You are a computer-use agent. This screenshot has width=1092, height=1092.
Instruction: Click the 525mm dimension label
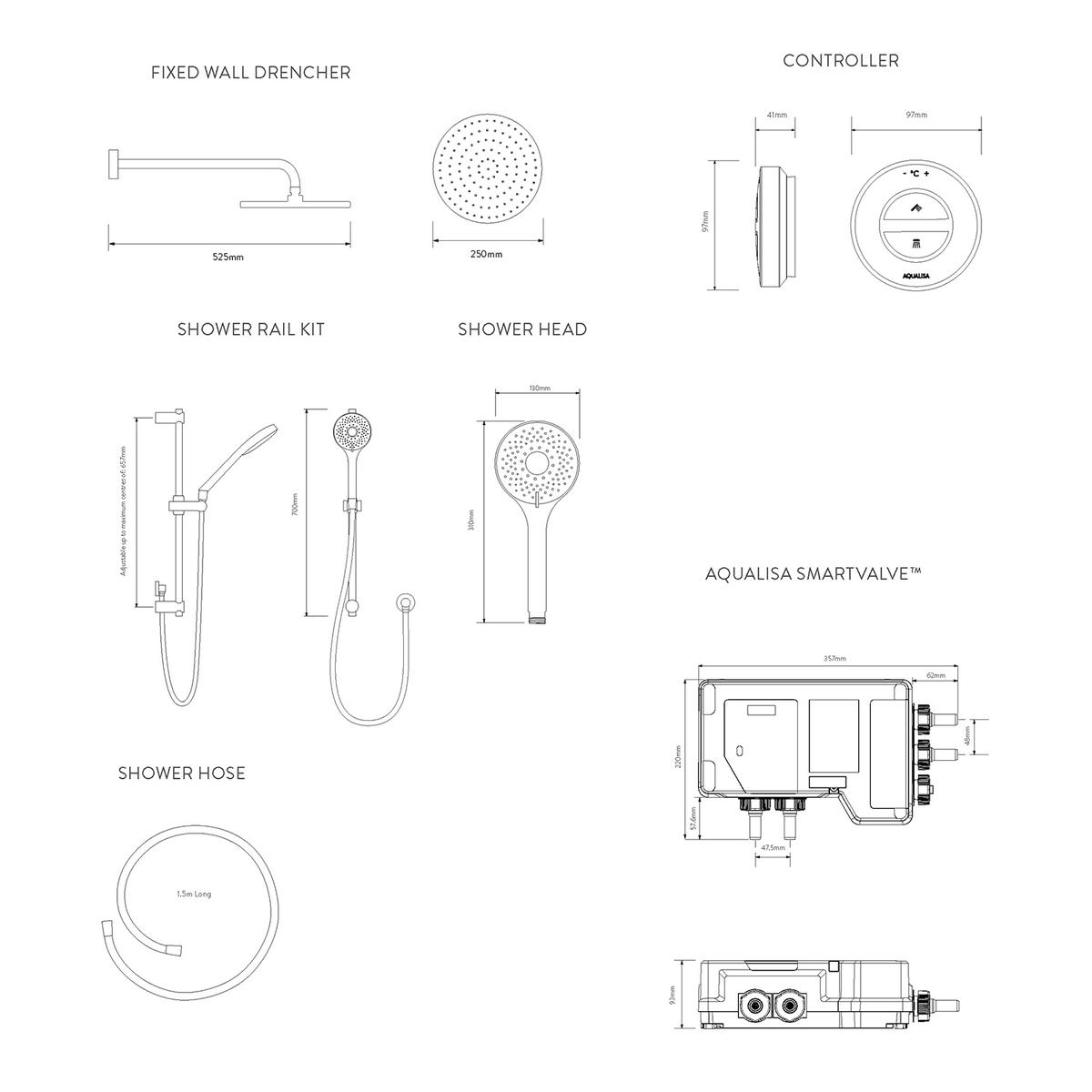(x=227, y=258)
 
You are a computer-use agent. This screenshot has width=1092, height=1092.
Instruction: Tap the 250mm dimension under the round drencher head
(x=487, y=254)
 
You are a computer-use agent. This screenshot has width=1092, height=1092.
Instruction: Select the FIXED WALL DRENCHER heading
(x=250, y=73)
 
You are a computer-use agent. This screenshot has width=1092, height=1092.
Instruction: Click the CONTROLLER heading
(x=841, y=61)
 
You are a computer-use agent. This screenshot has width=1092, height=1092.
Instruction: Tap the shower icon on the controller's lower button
(x=915, y=244)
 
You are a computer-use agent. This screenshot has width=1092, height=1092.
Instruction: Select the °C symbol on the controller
(x=915, y=173)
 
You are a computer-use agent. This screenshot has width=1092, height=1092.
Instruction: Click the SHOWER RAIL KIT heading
(x=250, y=329)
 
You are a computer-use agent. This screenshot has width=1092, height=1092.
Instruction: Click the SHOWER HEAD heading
(x=522, y=329)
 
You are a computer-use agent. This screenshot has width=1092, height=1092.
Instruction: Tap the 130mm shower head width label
(x=539, y=389)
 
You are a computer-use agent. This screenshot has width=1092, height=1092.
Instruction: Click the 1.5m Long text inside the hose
(x=194, y=895)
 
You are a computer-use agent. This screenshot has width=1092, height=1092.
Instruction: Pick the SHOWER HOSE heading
(x=182, y=773)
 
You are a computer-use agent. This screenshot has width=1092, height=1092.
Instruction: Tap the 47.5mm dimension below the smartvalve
(x=773, y=847)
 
